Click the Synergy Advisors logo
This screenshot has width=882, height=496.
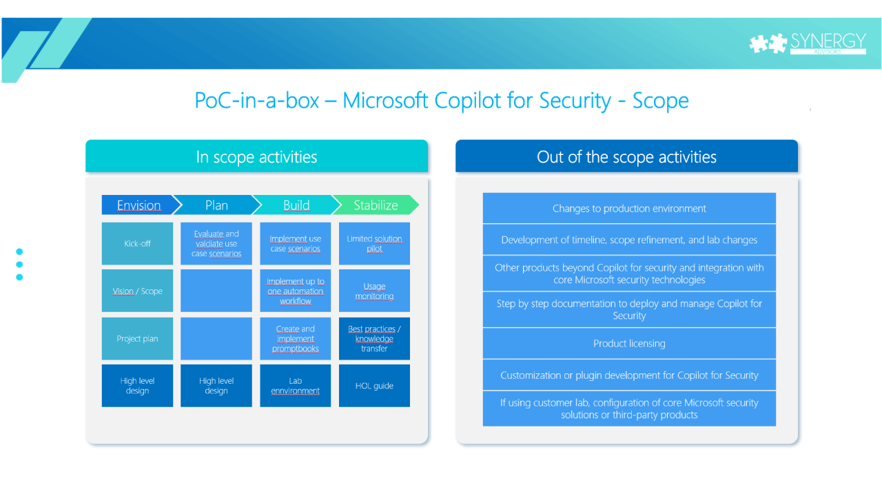(x=807, y=43)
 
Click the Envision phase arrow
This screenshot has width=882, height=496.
(x=139, y=205)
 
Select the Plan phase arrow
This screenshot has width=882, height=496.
(x=216, y=205)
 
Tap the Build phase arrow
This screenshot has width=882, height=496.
(x=296, y=205)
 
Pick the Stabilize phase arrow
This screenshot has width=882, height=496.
(x=376, y=205)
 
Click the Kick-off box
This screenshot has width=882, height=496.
(x=137, y=244)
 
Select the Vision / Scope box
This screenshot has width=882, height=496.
(x=137, y=291)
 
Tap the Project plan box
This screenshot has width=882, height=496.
(x=137, y=338)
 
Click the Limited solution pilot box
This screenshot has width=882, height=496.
(x=374, y=244)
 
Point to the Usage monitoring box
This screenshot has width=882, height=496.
(x=374, y=291)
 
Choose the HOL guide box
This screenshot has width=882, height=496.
(x=374, y=386)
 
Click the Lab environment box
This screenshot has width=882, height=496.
(x=295, y=386)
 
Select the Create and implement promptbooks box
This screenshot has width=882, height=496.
(x=295, y=338)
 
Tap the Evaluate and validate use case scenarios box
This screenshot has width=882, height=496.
(x=216, y=244)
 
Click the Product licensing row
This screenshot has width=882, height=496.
(x=629, y=343)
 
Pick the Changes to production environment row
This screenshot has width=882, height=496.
(x=629, y=209)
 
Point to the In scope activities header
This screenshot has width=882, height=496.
(x=256, y=157)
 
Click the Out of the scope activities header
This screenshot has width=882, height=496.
(x=626, y=157)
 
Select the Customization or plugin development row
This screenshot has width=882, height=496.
(x=629, y=375)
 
